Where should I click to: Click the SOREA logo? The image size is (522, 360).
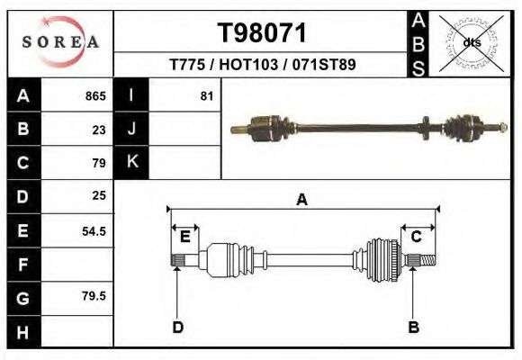point(60,42)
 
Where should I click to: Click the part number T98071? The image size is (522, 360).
point(262,33)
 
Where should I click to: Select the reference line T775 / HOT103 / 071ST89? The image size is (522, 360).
point(261,66)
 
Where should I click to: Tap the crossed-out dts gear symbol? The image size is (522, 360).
point(472,42)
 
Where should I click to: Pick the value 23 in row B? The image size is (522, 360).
point(99,130)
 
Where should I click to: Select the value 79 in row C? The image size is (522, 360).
point(99,163)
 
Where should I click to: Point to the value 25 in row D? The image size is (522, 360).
point(99,195)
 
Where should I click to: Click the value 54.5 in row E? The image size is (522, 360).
point(94,230)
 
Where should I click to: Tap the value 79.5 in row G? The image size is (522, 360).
point(94,295)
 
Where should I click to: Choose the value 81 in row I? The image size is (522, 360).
point(206,96)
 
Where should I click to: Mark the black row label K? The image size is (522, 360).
point(131,162)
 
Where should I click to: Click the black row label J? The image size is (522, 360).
point(131,130)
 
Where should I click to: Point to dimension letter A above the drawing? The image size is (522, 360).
point(301,200)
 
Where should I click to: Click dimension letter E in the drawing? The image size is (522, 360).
point(184,237)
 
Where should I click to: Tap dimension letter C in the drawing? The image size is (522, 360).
point(417,237)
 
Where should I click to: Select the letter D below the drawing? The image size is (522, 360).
point(177,327)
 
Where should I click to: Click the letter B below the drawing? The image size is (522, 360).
point(414,327)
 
